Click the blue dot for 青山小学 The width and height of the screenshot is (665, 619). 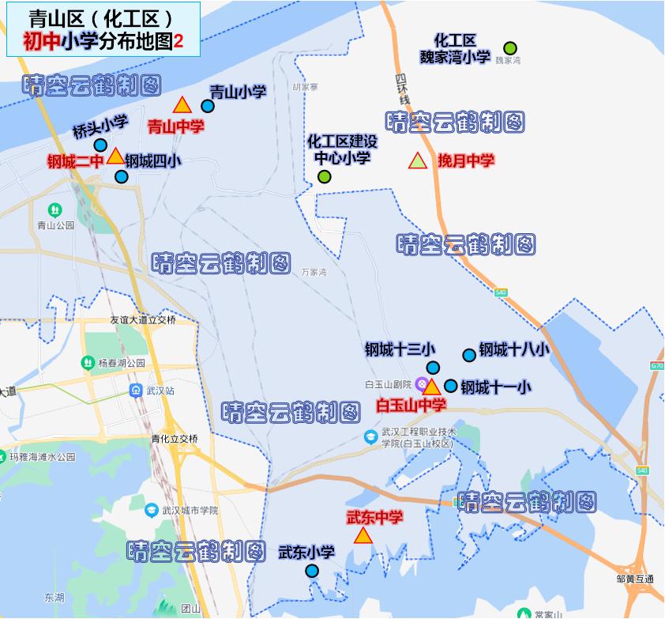pos(208,106)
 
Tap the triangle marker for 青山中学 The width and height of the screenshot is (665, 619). pos(182,105)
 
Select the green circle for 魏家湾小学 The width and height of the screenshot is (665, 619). pos(510,48)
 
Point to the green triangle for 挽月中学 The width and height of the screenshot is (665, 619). pos(417,161)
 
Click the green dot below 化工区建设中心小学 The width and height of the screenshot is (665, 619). pos(324,176)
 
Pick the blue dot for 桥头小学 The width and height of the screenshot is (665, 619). pos(100,145)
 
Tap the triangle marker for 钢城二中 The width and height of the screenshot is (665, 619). pos(115,157)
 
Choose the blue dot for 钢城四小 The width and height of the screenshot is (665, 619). pos(121,176)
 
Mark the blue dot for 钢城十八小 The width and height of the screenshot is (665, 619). pos(469,355)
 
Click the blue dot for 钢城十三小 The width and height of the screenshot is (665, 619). pos(433,367)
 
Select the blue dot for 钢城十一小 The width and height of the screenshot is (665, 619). pos(450,386)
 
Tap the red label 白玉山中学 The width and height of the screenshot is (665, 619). pos(411,406)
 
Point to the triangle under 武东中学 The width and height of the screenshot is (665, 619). pos(363,537)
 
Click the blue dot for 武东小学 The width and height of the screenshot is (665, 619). pos(312,571)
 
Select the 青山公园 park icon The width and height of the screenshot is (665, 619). pos(54,209)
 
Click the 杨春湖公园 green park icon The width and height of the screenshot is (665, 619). pos(87,363)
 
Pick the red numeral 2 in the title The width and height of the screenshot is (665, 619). pos(178,42)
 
